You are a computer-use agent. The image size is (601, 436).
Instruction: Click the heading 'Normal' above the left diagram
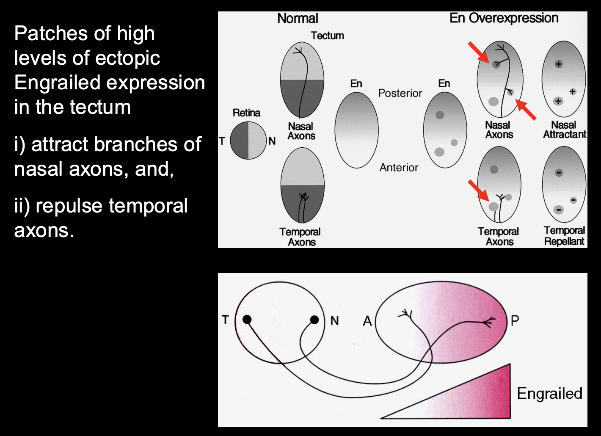click(x=298, y=19)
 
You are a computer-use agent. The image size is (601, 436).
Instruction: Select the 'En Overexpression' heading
click(x=504, y=18)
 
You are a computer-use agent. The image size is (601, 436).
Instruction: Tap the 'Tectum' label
click(x=327, y=36)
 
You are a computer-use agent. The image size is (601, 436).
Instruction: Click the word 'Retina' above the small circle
click(x=246, y=113)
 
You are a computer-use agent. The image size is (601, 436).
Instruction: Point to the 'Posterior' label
click(x=400, y=93)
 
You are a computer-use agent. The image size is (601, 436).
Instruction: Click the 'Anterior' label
click(x=399, y=168)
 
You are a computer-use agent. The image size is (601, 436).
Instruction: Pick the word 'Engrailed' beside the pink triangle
click(x=549, y=394)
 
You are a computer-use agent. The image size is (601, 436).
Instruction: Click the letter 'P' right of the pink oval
click(x=515, y=320)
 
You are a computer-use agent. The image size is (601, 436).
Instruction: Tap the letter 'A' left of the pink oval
click(x=367, y=321)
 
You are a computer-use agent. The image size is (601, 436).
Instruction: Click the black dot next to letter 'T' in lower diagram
click(x=247, y=320)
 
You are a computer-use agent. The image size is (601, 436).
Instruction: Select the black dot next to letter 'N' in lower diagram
click(x=314, y=320)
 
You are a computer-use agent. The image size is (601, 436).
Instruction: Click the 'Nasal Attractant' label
click(x=564, y=130)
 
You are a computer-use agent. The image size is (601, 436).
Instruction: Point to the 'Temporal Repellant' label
click(x=564, y=236)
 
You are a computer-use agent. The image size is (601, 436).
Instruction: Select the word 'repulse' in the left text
click(x=69, y=206)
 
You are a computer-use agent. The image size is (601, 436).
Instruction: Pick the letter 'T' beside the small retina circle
click(x=222, y=141)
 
